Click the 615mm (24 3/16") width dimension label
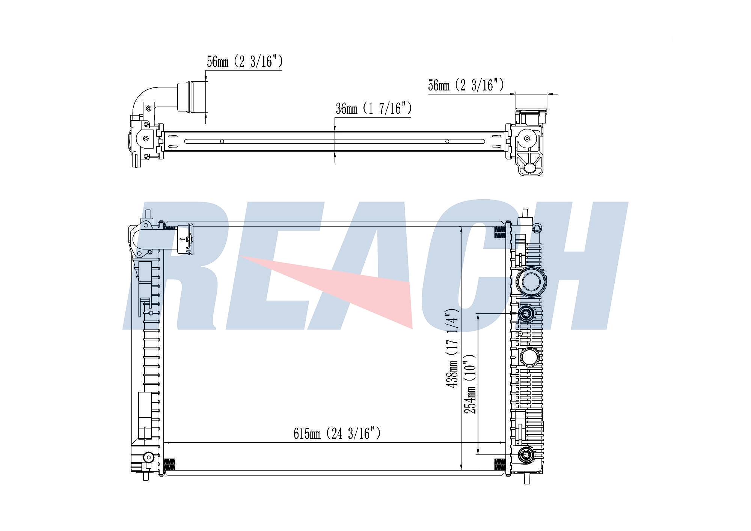337,434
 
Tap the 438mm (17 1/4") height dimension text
452,348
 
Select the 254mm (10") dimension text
470,384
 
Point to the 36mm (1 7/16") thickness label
374,108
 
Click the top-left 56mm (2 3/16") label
245,62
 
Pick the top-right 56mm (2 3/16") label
466,85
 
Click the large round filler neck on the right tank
531,281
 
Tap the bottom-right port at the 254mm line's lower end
526,455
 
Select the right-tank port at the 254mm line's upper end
526,313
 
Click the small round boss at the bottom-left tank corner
149,457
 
